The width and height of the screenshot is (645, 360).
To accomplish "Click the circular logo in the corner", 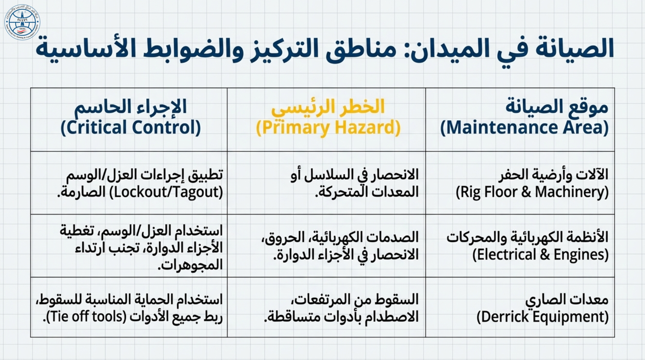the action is coord(22,22).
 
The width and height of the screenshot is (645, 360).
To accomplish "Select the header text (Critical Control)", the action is coord(130,127).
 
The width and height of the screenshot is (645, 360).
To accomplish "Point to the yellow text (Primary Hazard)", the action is coord(328,127).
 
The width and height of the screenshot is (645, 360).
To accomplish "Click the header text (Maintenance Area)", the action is coord(524,127).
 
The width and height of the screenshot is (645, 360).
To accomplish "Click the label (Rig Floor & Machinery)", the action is coord(532,192).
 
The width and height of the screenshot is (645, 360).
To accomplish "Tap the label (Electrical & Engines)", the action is coord(540,255).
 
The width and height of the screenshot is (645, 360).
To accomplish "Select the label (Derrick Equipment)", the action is coord(542,317).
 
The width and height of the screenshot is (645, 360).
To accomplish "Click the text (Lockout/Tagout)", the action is coord(166,192).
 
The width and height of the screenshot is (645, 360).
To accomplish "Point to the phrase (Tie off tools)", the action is coord(86,317).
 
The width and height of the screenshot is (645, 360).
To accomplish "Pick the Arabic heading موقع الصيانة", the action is coord(557,107).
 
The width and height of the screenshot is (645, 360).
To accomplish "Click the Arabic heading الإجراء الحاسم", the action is coord(130,107).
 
